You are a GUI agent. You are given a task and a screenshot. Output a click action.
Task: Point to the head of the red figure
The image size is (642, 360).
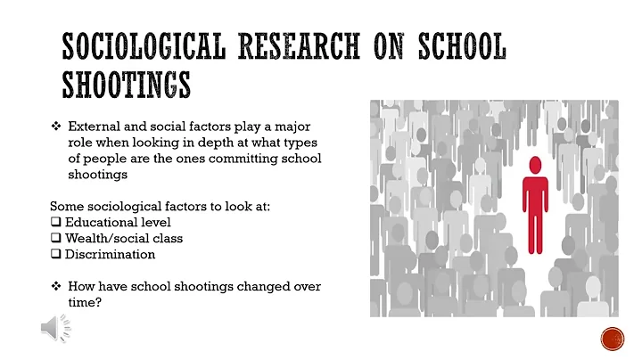tap(534, 165)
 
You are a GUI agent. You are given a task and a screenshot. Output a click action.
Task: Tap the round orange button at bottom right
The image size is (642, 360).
tap(612, 340)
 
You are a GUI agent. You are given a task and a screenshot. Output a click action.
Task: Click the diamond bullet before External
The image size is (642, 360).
tap(56, 126)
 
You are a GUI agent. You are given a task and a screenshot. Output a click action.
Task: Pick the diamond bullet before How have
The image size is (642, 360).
tap(56, 286)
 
